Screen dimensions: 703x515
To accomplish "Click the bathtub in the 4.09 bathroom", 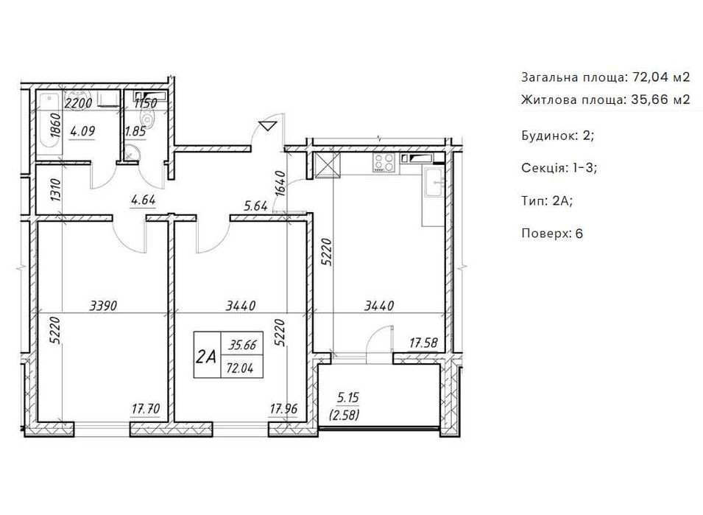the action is [x=49, y=123].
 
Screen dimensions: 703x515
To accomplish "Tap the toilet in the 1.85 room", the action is [x=146, y=119].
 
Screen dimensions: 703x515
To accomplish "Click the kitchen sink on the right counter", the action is [x=434, y=182].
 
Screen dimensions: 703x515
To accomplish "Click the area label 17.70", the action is [x=146, y=409].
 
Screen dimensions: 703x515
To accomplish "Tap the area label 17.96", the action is [x=283, y=409].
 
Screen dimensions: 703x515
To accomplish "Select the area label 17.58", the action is [x=423, y=343].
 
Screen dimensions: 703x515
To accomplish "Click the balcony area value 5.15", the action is [x=347, y=397].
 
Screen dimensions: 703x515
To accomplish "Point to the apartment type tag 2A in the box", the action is [x=206, y=357].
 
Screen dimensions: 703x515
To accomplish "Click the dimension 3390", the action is [x=104, y=306].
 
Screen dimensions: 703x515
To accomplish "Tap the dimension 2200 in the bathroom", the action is [x=79, y=103].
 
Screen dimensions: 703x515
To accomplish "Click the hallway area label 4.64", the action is [x=143, y=200].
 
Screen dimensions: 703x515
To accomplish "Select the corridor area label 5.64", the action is [x=255, y=206].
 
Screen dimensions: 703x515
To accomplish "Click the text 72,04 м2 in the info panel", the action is [x=661, y=77].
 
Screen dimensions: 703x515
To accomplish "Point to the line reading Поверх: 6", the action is [x=552, y=234].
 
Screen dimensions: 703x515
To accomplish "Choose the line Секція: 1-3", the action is [x=559, y=168].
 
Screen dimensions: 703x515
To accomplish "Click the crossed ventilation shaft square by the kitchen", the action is [x=328, y=166].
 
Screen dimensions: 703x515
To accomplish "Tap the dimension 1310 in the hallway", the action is [x=56, y=190].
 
